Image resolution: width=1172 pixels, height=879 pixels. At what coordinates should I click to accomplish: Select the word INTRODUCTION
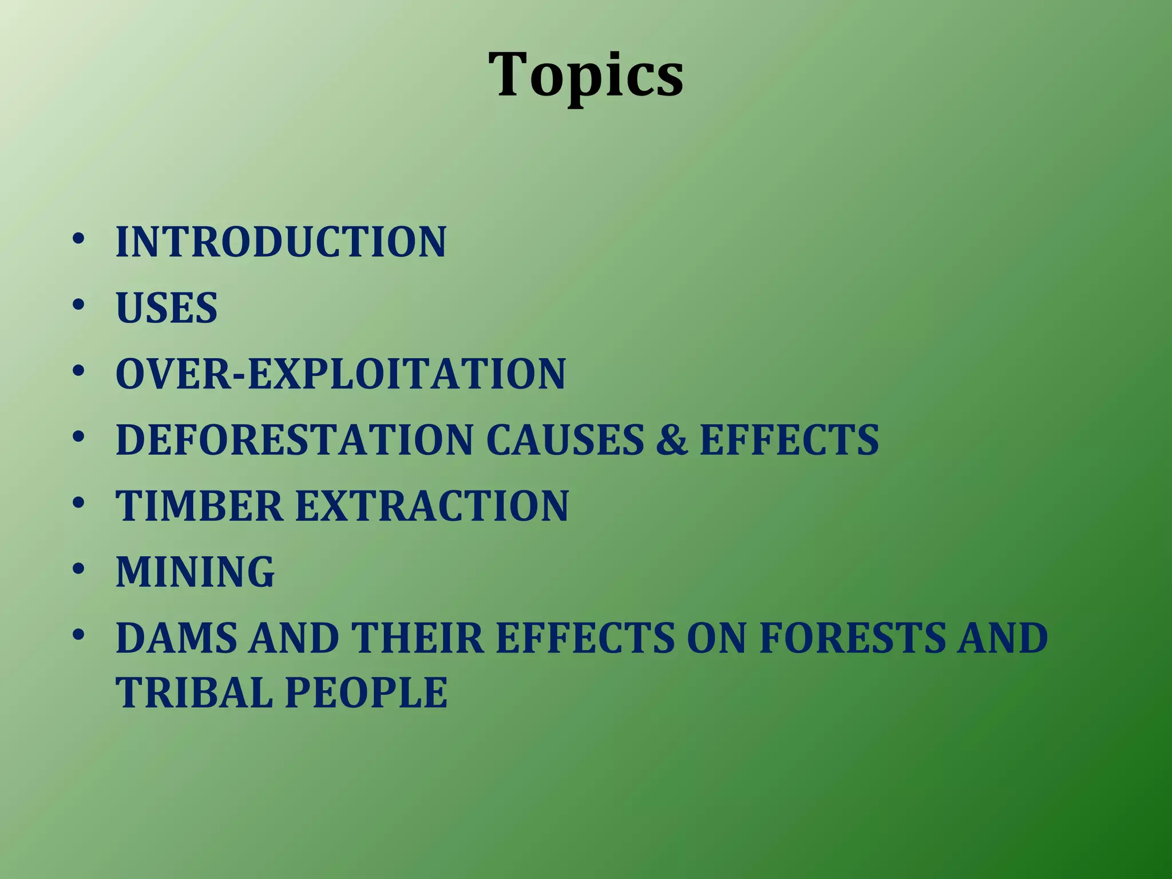pyautogui.click(x=280, y=242)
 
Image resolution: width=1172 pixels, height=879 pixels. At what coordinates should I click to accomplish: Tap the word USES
pyautogui.click(x=167, y=308)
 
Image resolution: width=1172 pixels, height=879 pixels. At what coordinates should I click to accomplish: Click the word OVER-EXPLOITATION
pyautogui.click(x=340, y=374)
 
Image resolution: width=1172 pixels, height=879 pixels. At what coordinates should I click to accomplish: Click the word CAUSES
pyautogui.click(x=565, y=440)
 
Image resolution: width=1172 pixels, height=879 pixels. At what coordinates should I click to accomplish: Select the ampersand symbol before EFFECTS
pyautogui.click(x=672, y=440)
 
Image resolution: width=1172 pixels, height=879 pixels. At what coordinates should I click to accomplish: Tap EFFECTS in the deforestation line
pyautogui.click(x=789, y=440)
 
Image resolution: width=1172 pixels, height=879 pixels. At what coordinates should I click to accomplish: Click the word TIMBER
pyautogui.click(x=199, y=506)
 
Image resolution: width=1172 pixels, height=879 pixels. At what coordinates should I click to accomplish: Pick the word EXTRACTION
pyautogui.click(x=431, y=506)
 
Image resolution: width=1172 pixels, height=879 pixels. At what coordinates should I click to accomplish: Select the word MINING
pyautogui.click(x=195, y=572)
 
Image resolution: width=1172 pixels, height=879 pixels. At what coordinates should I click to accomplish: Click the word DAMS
pyautogui.click(x=176, y=639)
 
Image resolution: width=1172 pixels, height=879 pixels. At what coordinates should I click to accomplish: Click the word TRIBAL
pyautogui.click(x=194, y=693)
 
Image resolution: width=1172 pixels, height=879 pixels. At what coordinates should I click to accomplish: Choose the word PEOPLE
pyautogui.click(x=366, y=693)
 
